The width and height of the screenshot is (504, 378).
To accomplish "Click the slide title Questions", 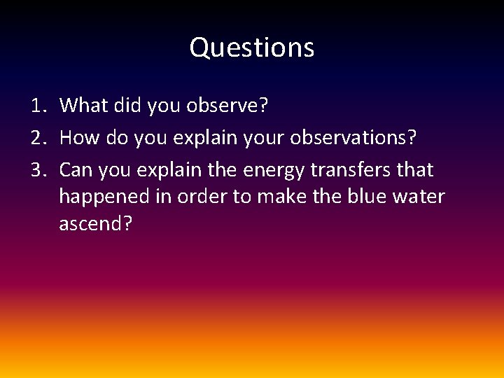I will (x=252, y=48).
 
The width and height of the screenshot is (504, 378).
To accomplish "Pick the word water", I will (x=419, y=197).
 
